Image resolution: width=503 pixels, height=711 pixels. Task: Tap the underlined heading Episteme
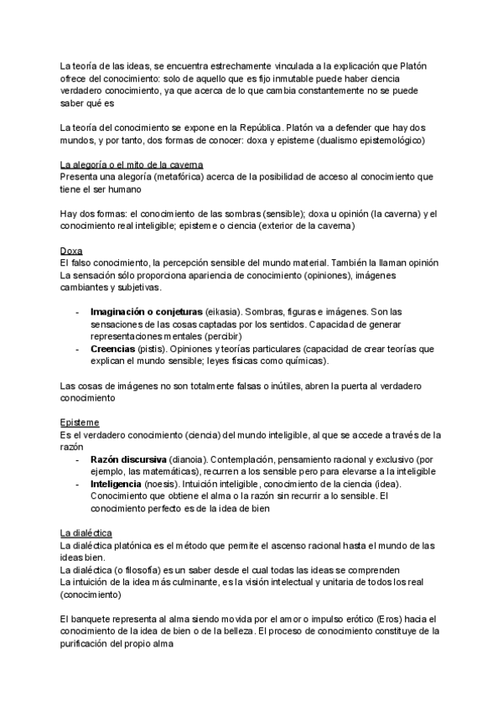click(80, 422)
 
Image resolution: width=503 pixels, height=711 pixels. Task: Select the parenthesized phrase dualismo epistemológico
click(355, 141)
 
